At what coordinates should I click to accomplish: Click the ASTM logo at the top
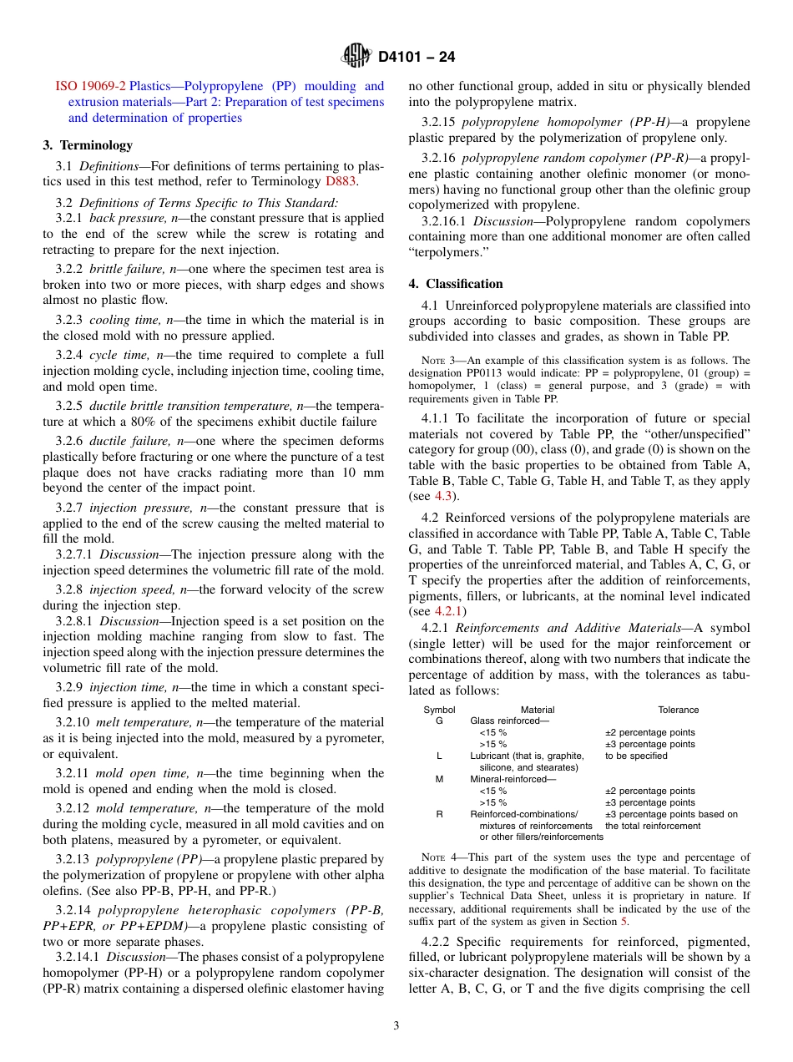[356, 57]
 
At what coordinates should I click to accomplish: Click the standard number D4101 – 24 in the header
[417, 58]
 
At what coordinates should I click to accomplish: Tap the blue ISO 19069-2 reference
[91, 86]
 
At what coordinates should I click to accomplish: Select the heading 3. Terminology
[88, 145]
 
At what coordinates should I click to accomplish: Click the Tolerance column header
[678, 710]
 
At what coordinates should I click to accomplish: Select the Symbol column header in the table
[439, 710]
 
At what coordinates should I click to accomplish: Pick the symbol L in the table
[439, 756]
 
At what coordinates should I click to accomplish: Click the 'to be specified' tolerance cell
[636, 756]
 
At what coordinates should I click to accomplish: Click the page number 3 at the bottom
[396, 1026]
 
